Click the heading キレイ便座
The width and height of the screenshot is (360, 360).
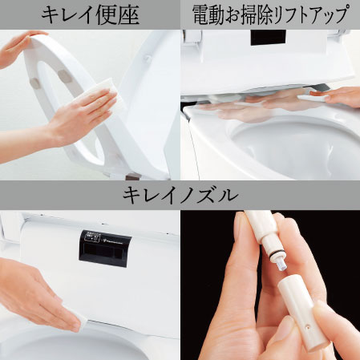click(x=90, y=14)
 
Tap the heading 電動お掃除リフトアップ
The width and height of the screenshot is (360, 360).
click(x=269, y=14)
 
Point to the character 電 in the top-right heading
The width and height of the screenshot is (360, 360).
click(x=201, y=14)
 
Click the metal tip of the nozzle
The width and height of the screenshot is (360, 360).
click(x=281, y=259)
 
